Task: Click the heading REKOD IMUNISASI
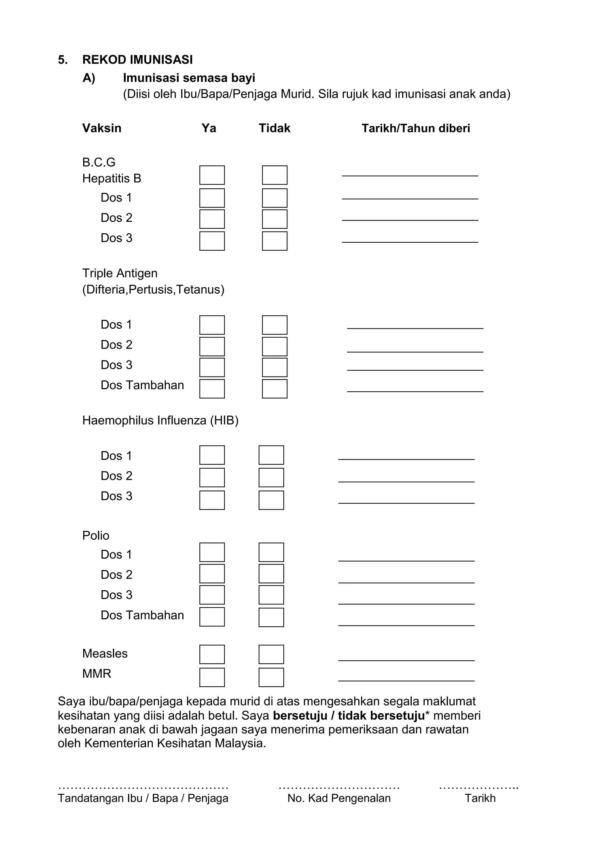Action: (x=138, y=60)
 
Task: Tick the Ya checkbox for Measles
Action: (x=212, y=654)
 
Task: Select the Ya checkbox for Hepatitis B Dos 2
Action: (x=212, y=219)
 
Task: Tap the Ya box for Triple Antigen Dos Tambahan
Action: (x=212, y=389)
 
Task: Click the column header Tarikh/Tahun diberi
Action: (x=415, y=128)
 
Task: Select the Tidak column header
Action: (x=274, y=128)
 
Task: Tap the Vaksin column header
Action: (x=102, y=128)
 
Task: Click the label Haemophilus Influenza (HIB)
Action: (x=160, y=420)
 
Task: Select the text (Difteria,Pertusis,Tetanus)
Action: (x=153, y=290)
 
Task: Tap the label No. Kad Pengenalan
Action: (x=339, y=798)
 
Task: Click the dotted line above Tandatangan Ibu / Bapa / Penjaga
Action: (x=143, y=787)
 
